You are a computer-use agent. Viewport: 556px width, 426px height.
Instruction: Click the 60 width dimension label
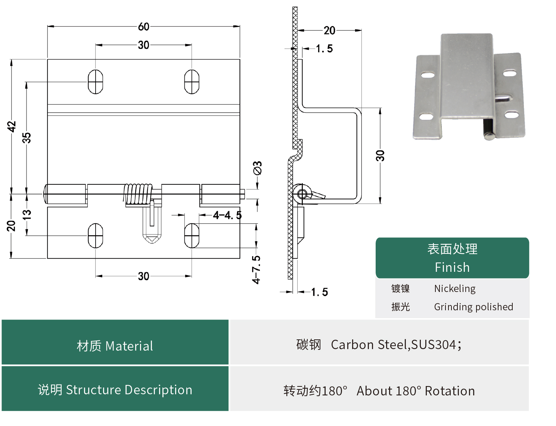(144, 27)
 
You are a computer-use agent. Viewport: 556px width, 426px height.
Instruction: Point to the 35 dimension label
(27, 137)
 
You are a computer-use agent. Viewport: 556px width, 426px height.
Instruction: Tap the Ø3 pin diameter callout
(257, 168)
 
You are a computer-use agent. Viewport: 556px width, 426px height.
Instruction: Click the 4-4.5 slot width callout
(227, 215)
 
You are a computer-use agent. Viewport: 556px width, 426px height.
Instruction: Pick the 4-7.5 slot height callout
(256, 270)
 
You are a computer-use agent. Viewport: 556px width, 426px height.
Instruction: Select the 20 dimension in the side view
(329, 30)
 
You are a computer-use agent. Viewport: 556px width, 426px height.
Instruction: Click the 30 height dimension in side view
(380, 155)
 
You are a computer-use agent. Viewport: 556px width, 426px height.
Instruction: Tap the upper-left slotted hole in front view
(95, 81)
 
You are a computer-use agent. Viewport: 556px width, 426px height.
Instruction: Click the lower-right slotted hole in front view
(192, 236)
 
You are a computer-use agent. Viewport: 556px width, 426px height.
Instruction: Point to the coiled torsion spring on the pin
(139, 194)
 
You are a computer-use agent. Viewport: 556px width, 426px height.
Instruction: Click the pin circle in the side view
(302, 194)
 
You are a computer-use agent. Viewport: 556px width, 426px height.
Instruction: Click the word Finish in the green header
(452, 267)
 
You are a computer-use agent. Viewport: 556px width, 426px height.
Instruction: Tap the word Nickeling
(454, 289)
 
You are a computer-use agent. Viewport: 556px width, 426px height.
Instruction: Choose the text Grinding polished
(473, 307)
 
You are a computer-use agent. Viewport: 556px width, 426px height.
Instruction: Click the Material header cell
(115, 346)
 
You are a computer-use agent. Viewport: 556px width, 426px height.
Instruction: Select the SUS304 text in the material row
(434, 345)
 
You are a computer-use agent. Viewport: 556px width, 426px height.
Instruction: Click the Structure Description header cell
(115, 389)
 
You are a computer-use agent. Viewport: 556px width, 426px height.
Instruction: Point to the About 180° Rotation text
(415, 391)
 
